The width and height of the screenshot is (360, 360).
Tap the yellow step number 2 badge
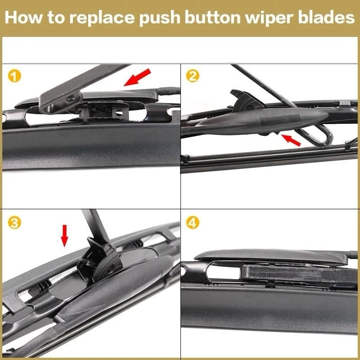[193, 76]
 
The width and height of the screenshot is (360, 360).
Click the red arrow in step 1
[137, 77]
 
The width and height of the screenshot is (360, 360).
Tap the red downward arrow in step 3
[65, 235]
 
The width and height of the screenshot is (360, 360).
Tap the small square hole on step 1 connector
[119, 108]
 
